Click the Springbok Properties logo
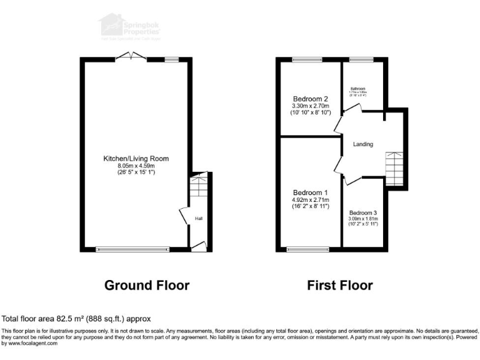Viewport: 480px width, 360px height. pyautogui.click(x=129, y=26)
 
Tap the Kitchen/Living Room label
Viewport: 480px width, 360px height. pyautogui.click(x=136, y=159)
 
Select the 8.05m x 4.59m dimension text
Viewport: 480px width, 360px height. pyautogui.click(x=136, y=166)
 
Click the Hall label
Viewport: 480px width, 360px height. pyautogui.click(x=198, y=219)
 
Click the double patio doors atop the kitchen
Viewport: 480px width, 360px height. pyautogui.click(x=131, y=58)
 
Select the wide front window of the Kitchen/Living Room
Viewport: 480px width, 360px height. pyautogui.click(x=132, y=249)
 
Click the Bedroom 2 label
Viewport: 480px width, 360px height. pyautogui.click(x=311, y=99)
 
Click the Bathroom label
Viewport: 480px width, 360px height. pyautogui.click(x=357, y=89)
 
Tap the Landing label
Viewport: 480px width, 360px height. pyautogui.click(x=363, y=144)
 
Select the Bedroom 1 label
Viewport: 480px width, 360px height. pyautogui.click(x=311, y=192)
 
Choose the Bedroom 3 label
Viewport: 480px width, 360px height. pyautogui.click(x=364, y=212)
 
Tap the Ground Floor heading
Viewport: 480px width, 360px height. pyautogui.click(x=146, y=286)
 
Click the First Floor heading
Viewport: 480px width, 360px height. pyautogui.click(x=340, y=286)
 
